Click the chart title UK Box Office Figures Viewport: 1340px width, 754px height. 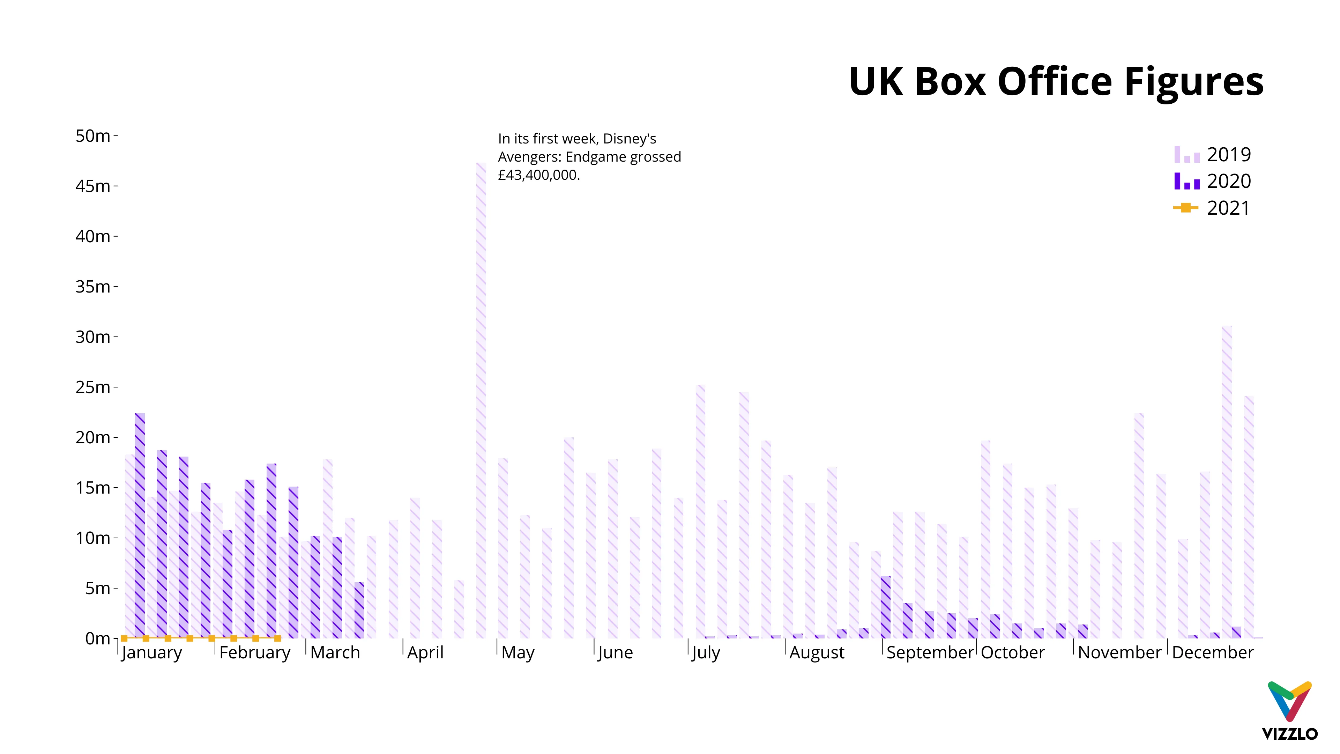click(x=1056, y=82)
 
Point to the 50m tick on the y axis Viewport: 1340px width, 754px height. click(x=93, y=136)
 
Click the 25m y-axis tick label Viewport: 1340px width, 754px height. click(x=93, y=387)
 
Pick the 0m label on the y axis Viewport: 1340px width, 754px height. click(x=98, y=638)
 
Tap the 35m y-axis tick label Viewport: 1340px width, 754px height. click(x=93, y=287)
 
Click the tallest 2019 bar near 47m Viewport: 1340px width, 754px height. click(x=481, y=401)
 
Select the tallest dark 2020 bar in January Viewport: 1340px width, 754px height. click(x=140, y=526)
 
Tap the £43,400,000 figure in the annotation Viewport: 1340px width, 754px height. click(x=538, y=175)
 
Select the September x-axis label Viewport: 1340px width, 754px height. click(x=930, y=652)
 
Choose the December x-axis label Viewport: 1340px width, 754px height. click(x=1213, y=652)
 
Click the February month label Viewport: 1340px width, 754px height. click(x=255, y=652)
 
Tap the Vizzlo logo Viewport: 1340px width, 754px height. click(x=1289, y=710)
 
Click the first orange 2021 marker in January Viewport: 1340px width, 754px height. click(x=124, y=638)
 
